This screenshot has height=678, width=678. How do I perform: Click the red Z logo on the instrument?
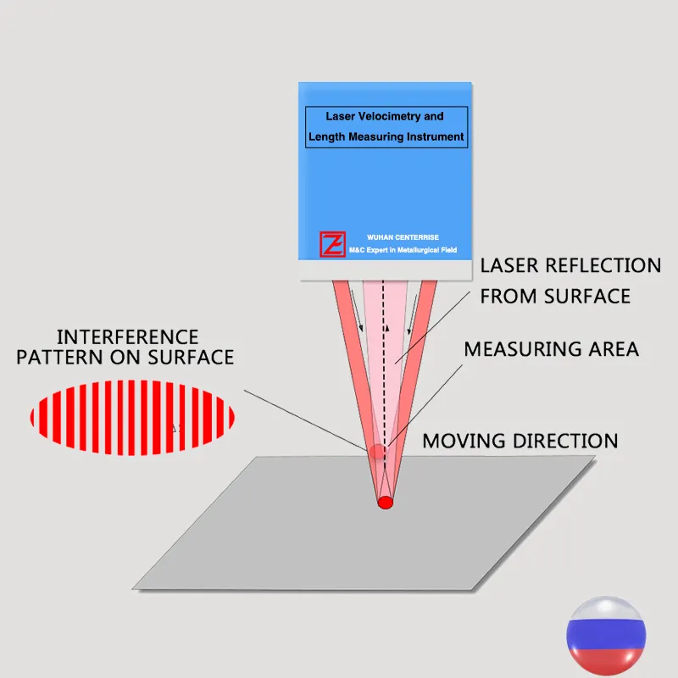331,244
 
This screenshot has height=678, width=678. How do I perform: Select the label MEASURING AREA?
551,348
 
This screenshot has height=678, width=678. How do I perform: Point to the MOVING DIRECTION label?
520,441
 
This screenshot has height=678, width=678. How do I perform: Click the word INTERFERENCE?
127,337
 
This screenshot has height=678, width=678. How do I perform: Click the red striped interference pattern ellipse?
132,417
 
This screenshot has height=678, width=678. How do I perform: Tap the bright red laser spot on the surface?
386,502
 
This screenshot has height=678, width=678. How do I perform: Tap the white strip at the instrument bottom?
386,270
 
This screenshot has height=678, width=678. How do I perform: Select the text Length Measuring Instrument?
386,136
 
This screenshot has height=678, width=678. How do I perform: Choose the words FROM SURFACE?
555,296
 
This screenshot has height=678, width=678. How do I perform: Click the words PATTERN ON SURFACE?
125,357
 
